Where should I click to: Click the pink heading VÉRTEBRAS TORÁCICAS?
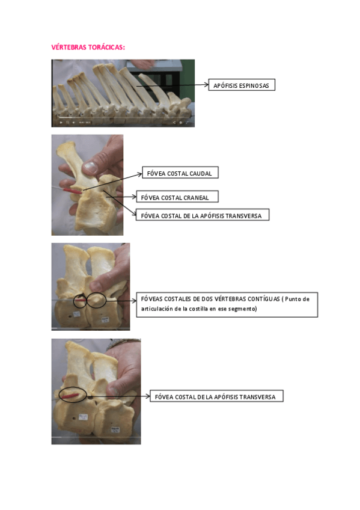pyautogui.click(x=88, y=47)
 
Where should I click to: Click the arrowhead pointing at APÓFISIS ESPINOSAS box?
pyautogui.click(x=206, y=85)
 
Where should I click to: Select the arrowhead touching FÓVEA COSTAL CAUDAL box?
pyautogui.click(x=139, y=174)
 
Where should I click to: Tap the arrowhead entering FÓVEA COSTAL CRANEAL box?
pyautogui.click(x=134, y=197)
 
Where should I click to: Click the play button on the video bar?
pyautogui.click(x=61, y=123)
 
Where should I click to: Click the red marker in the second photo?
pyautogui.click(x=73, y=191)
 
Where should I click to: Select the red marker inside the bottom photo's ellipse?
pyautogui.click(x=70, y=396)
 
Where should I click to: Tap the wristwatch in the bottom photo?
pyautogui.click(x=123, y=343)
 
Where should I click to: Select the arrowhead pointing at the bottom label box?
pyautogui.click(x=147, y=396)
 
